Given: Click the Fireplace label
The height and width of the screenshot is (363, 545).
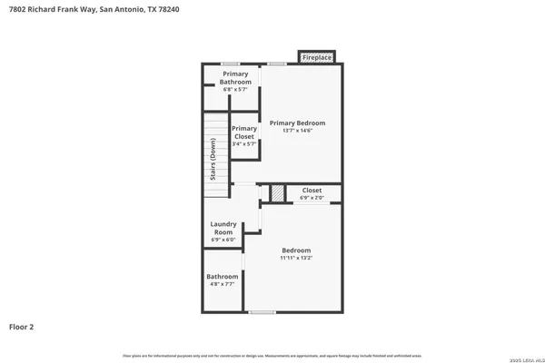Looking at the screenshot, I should pos(317,57).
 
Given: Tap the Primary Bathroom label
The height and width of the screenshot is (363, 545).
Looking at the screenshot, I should pos(235,77).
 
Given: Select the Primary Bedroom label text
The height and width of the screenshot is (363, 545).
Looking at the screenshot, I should pos(297,123).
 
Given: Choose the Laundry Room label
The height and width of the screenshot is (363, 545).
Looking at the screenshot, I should pos(223,227).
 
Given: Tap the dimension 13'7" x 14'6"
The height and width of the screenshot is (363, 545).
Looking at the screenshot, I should pos(297,131).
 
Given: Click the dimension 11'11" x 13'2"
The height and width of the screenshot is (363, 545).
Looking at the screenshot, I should pos(296,258).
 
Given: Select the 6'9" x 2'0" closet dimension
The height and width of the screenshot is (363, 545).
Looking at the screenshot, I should pos(312,197).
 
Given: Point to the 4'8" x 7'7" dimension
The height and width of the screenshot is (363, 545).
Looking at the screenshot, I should pos(222,284).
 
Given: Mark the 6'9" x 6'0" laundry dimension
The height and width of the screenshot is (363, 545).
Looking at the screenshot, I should pos(223,240).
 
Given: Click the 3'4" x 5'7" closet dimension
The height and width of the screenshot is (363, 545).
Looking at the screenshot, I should pos(244,143).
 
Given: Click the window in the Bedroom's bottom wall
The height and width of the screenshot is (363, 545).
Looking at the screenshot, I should pos(262,312).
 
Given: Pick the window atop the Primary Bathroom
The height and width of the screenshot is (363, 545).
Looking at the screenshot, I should pos(232,64).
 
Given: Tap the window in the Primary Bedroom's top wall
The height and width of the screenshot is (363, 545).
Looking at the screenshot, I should pos(277,64).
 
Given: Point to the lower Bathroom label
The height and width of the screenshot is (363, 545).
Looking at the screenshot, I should pos(222,276).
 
